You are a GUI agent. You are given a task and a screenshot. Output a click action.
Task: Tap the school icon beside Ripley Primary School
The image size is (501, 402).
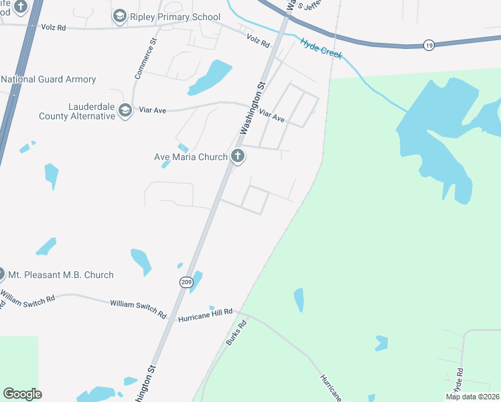[119, 16]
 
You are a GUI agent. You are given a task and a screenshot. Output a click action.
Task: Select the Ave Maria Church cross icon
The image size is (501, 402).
[237, 157]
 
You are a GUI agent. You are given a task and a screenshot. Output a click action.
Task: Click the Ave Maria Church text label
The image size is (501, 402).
[191, 157]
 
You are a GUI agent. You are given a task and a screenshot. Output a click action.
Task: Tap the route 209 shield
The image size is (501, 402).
[186, 282]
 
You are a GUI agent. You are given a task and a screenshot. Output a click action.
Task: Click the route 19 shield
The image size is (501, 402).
[429, 45]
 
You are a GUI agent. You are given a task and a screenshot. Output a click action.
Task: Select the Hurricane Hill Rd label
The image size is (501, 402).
[205, 314]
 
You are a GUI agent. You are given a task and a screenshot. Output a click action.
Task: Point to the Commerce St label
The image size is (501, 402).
[147, 59]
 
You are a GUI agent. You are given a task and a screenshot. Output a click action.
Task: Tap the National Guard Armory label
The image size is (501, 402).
[48, 79]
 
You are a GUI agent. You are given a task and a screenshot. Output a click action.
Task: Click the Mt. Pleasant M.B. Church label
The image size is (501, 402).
[60, 275]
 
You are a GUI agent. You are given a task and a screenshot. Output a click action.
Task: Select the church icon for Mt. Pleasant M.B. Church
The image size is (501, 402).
[1, 275]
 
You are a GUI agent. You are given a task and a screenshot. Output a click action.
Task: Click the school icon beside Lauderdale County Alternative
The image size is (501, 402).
[125, 111]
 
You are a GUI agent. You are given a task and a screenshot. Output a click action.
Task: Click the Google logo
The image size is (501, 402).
[22, 394]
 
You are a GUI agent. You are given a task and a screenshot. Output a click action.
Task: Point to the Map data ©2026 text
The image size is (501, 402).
[472, 397]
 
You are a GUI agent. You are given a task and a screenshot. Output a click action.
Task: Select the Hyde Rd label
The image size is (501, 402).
[459, 381]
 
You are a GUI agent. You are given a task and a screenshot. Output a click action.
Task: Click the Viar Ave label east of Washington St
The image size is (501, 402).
[272, 116]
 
